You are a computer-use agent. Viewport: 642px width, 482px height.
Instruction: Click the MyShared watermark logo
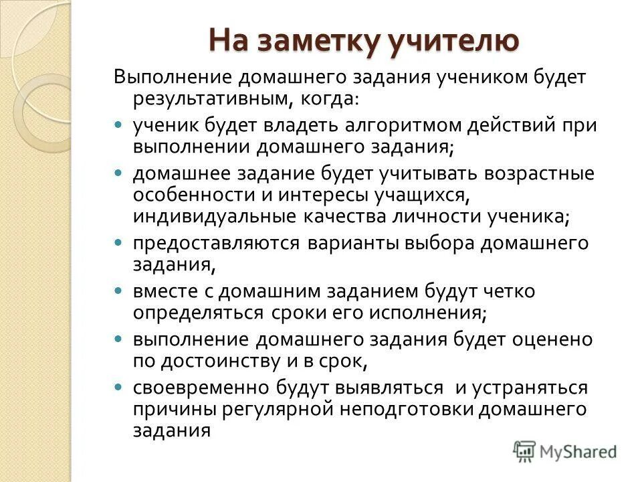pyautogui.click(x=565, y=451)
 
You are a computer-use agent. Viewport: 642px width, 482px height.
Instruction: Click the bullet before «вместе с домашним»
pyautogui.click(x=119, y=292)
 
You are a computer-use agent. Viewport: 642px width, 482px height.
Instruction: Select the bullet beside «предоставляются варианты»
pyautogui.click(x=119, y=242)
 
